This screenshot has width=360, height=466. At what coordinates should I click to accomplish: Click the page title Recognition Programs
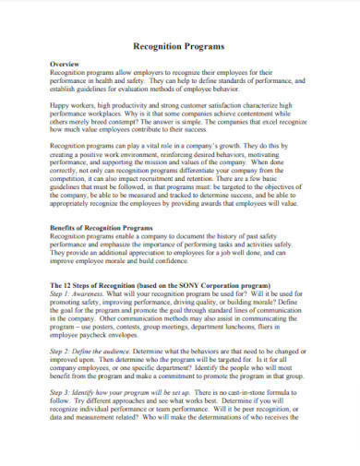(180, 43)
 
